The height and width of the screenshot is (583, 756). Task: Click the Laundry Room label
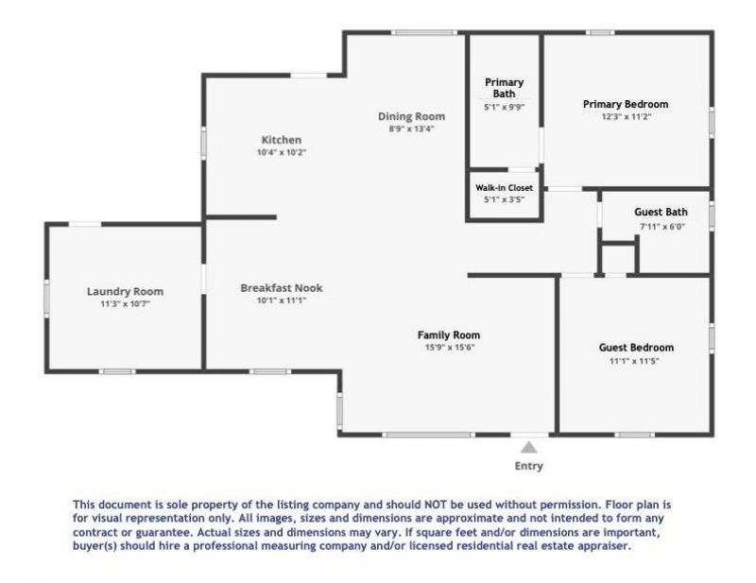pyautogui.click(x=125, y=291)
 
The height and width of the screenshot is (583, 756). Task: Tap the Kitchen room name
pyautogui.click(x=282, y=140)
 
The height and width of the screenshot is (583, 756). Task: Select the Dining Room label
pyautogui.click(x=411, y=116)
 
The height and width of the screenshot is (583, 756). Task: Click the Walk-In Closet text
pyautogui.click(x=504, y=188)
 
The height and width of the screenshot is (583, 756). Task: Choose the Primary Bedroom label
pyautogui.click(x=626, y=104)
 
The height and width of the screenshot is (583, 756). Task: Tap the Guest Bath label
pyautogui.click(x=661, y=212)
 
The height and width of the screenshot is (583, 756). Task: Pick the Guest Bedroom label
pyautogui.click(x=636, y=347)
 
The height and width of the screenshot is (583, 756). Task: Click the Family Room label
pyautogui.click(x=449, y=334)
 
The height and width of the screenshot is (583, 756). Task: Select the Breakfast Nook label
pyautogui.click(x=282, y=287)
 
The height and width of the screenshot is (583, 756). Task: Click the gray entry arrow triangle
pyautogui.click(x=529, y=447)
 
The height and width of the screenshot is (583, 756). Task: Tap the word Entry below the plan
pyautogui.click(x=529, y=466)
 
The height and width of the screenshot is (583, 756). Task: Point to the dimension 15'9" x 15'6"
pyautogui.click(x=449, y=347)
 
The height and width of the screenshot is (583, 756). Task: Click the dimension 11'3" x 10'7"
pyautogui.click(x=125, y=304)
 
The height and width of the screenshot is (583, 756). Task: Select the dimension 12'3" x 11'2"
pyautogui.click(x=626, y=116)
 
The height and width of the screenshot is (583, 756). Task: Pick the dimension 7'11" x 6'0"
pyautogui.click(x=661, y=227)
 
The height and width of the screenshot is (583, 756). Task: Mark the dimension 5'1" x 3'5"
pyautogui.click(x=504, y=199)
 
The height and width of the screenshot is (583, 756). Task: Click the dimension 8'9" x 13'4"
pyautogui.click(x=411, y=129)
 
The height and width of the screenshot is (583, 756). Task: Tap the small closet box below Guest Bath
pyautogui.click(x=618, y=258)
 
